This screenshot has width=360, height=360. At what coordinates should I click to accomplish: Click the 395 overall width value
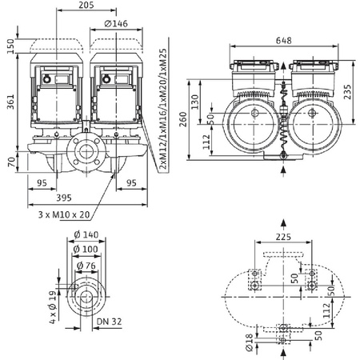tap(87, 198)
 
